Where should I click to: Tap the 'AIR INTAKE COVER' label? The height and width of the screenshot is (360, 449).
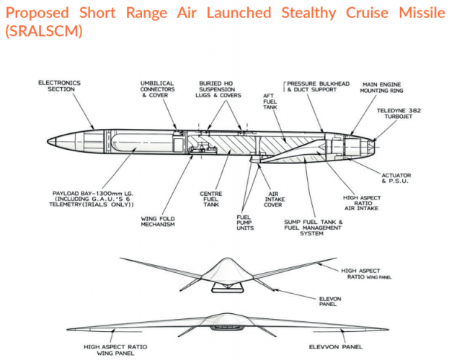pos(274,199)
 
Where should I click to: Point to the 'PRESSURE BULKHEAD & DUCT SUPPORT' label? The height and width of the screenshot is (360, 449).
pos(318,86)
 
